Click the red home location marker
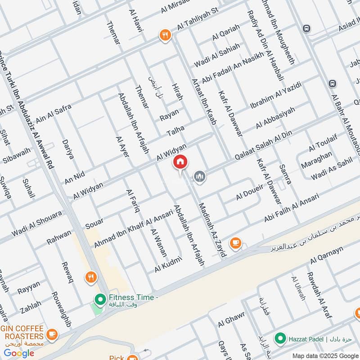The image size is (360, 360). (180, 162)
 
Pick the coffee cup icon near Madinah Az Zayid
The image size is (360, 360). (235, 243)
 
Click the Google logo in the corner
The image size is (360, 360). (19, 353)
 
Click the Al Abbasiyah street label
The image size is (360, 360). (275, 118)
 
